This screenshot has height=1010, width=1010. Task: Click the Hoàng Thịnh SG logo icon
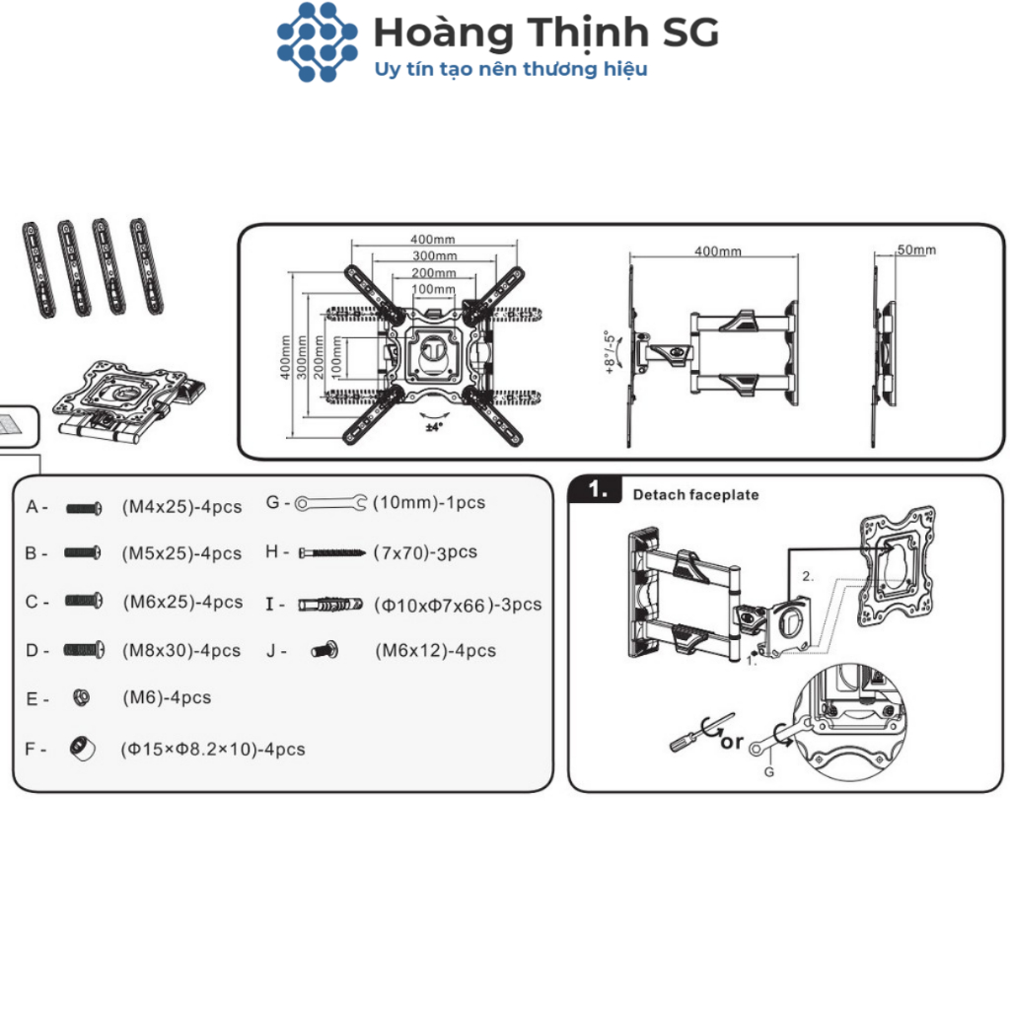pos(317,41)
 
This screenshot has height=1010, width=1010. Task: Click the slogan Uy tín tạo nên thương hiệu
pos(511,69)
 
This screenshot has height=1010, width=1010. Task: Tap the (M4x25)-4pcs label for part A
pos(181,507)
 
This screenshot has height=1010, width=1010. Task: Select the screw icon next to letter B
pos(83,553)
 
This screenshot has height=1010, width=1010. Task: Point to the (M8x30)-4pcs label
pos(180,651)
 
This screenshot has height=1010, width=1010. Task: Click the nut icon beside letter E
pos(83,697)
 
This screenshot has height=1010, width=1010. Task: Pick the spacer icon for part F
pos(83,749)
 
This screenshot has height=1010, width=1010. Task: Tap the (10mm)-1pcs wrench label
pos(429,503)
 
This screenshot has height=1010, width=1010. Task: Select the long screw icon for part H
pos(332,552)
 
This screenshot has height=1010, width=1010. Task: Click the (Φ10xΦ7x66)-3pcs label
pos(458,605)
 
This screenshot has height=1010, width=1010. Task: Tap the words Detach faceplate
pos(695,495)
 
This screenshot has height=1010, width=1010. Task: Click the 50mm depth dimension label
pos(916,251)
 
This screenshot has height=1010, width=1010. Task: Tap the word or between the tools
pos(731,741)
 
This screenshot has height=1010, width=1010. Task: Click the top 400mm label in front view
pos(433,240)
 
